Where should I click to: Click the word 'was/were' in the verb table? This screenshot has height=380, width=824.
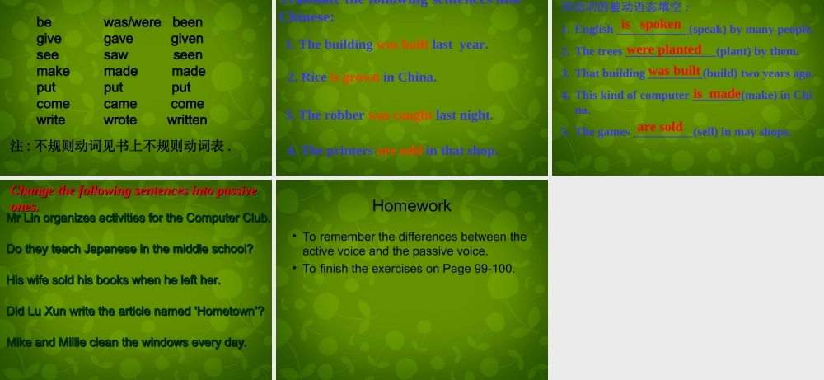(x=132, y=22)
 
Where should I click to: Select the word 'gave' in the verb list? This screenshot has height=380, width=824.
(x=119, y=39)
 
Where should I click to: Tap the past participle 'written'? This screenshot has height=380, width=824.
(x=187, y=120)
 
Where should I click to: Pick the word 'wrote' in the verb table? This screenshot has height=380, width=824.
(x=120, y=120)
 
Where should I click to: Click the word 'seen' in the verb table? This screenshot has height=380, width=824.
(x=188, y=55)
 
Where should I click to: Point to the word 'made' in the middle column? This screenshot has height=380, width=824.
(x=120, y=72)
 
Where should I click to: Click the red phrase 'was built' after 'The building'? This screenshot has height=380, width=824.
(x=402, y=45)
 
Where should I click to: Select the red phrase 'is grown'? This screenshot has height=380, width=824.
(x=354, y=77)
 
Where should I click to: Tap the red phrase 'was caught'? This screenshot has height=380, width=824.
(x=400, y=115)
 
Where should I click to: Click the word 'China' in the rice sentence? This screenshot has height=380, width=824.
(x=416, y=77)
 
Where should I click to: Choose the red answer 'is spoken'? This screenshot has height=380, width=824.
(x=651, y=25)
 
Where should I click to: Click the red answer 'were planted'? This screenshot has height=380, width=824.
(x=663, y=49)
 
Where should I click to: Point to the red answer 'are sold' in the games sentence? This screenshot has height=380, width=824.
(x=660, y=127)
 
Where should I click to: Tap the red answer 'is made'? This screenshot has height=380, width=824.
(x=717, y=94)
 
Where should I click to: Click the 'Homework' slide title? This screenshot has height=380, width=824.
(x=412, y=206)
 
